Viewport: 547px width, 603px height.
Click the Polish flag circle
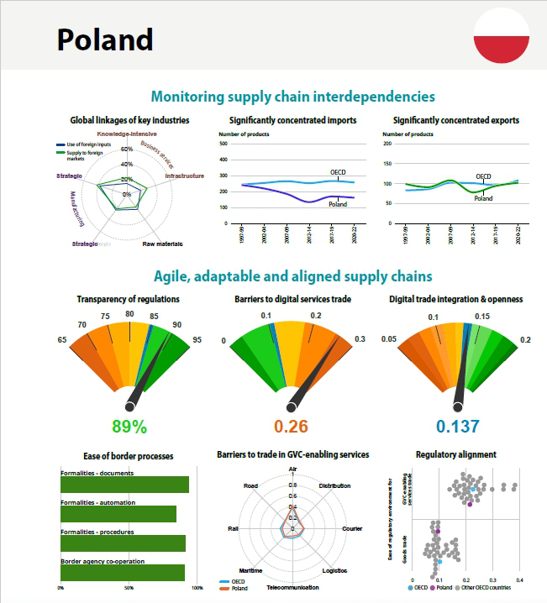(x=501, y=37)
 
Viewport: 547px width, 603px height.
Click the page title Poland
(x=105, y=39)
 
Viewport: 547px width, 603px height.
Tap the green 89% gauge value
(x=129, y=426)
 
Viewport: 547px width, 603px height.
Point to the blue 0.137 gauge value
(x=457, y=426)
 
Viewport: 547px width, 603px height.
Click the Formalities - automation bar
(x=118, y=513)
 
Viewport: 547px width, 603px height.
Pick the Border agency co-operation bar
(x=123, y=572)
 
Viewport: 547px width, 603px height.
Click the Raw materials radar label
(x=163, y=244)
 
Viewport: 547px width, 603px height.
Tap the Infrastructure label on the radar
(x=184, y=176)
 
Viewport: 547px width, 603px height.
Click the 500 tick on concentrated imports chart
(x=224, y=144)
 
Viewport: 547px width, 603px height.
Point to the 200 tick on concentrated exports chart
(x=387, y=144)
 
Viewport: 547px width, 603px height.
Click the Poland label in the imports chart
(x=338, y=204)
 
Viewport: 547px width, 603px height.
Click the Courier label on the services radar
(x=352, y=528)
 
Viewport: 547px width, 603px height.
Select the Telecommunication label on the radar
(x=292, y=587)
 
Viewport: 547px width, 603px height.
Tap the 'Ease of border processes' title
(x=129, y=456)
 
